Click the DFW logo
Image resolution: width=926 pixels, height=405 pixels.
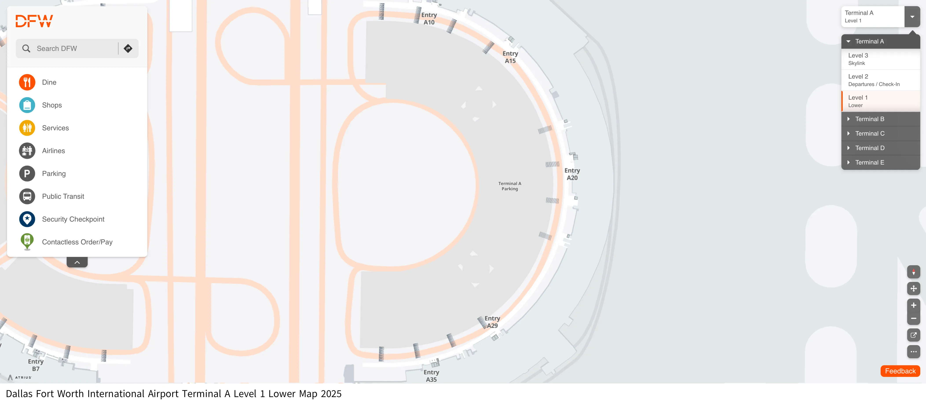point(34,21)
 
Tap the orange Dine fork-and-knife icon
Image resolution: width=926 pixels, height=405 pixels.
point(27,82)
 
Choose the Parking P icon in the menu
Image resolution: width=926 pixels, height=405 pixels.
point(27,174)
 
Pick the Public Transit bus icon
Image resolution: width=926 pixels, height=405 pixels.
point(27,196)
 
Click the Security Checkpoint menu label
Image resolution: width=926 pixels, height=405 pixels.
point(73,219)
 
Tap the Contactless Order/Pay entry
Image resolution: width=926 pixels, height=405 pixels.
point(77,242)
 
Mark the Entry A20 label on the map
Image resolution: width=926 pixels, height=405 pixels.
point(572,174)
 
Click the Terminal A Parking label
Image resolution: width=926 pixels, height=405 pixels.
point(509,186)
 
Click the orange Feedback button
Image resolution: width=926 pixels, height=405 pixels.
point(900,371)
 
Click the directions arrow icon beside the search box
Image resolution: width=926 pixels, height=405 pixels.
point(128,49)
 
